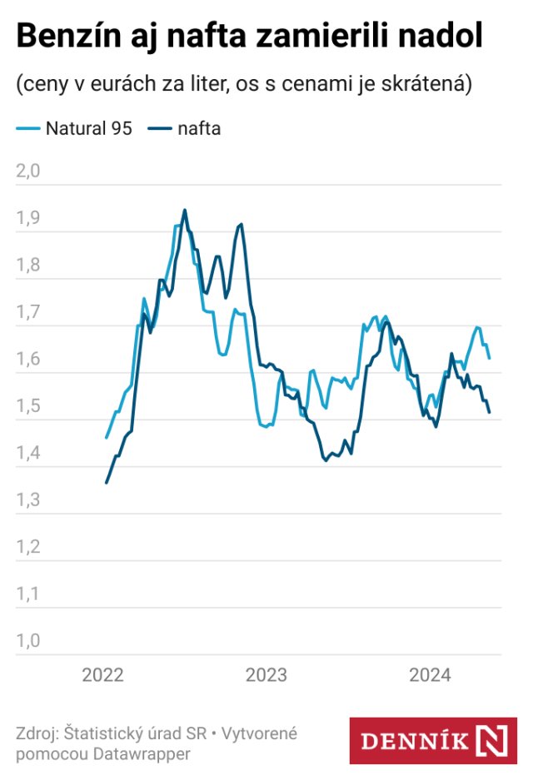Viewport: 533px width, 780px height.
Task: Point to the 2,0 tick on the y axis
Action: click(x=28, y=172)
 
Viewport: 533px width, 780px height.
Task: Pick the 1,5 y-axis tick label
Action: click(x=28, y=407)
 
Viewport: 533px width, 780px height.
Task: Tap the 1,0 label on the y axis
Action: click(x=28, y=642)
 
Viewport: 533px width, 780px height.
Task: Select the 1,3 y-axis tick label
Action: click(x=28, y=501)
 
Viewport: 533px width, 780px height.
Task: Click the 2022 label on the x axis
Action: click(x=102, y=675)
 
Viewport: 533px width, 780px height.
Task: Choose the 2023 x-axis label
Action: click(x=266, y=675)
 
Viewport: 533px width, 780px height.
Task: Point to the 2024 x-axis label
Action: click(x=430, y=675)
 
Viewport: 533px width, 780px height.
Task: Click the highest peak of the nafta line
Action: click(x=185, y=210)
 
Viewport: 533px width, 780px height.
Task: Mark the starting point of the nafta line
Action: click(x=107, y=483)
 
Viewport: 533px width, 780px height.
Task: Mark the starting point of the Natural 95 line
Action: click(x=107, y=437)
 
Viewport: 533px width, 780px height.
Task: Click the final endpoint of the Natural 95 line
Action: click(x=490, y=358)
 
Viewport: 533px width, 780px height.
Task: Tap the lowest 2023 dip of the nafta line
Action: click(x=326, y=460)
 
